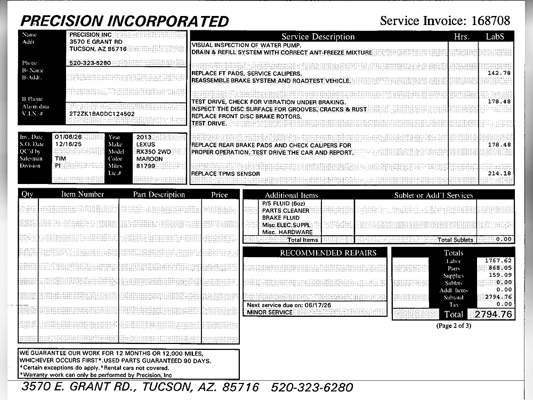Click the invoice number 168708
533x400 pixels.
click(490, 21)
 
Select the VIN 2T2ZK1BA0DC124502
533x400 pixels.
click(102, 114)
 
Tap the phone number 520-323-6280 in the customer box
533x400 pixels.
click(90, 63)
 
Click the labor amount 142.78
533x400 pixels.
click(499, 73)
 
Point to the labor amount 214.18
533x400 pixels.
click(499, 174)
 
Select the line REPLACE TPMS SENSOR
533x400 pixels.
click(225, 174)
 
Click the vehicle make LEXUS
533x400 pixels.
click(146, 145)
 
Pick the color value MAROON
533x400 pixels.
click(149, 159)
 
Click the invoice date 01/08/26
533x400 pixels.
click(68, 137)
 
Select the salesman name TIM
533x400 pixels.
click(60, 159)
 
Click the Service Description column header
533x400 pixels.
click(318, 37)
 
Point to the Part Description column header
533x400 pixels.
click(159, 195)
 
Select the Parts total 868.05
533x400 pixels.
click(501, 268)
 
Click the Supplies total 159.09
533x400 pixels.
click(501, 275)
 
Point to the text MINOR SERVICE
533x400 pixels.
click(269, 313)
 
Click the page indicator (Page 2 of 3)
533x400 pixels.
click(454, 325)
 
